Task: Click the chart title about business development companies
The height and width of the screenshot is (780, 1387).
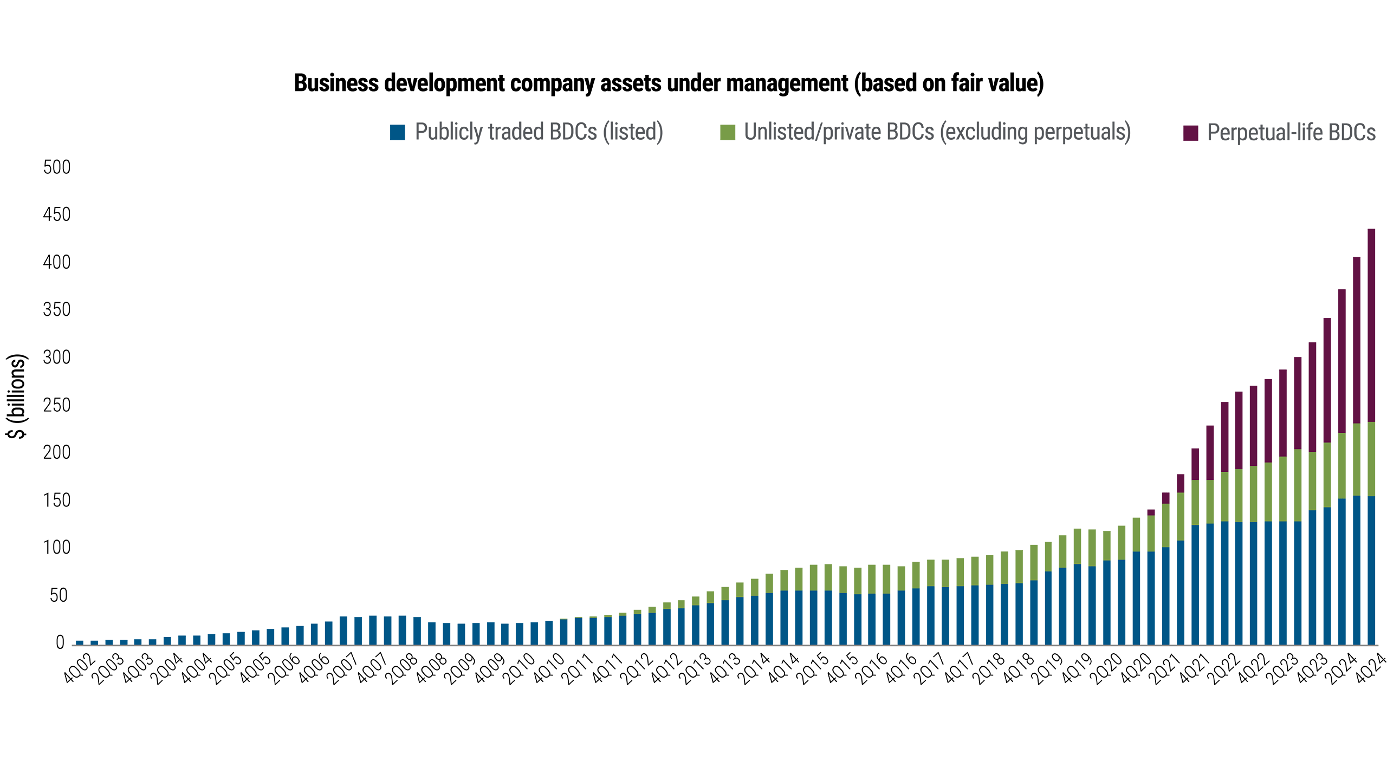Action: [x=669, y=83]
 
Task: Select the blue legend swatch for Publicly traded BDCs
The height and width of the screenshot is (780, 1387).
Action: [x=397, y=133]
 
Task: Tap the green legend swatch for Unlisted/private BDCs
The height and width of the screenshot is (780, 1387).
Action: [x=728, y=133]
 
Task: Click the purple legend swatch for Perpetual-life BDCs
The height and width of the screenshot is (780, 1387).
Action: [x=1191, y=133]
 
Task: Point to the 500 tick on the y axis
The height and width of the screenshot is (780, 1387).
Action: [x=57, y=167]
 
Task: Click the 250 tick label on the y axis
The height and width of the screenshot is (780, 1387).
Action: [x=57, y=405]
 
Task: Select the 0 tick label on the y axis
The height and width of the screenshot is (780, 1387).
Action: [x=60, y=642]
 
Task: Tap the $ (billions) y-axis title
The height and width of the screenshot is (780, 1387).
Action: [x=17, y=396]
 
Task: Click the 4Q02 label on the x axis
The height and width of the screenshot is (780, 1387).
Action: [x=79, y=669]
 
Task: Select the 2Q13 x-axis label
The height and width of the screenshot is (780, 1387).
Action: [x=696, y=669]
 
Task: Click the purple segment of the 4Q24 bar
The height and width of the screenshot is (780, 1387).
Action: [x=1371, y=325]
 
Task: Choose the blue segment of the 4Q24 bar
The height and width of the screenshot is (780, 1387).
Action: [x=1371, y=569]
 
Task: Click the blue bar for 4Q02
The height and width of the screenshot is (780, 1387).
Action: [x=80, y=642]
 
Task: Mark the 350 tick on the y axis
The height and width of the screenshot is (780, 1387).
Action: [x=57, y=310]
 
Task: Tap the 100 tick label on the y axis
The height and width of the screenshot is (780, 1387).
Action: [x=57, y=548]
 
